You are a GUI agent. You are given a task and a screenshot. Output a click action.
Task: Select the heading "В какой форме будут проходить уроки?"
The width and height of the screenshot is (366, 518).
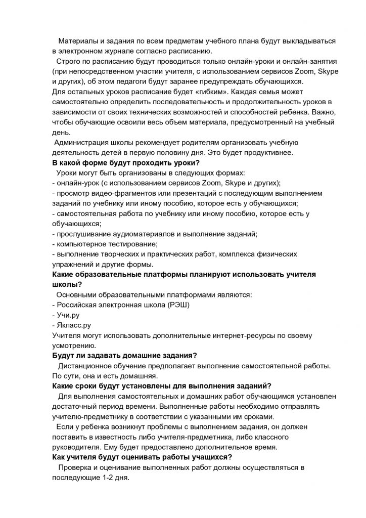click(126, 163)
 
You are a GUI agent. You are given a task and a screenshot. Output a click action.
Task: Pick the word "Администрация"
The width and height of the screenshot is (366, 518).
click(83, 142)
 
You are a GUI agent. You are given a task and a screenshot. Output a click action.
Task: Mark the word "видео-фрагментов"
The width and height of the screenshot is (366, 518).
click(119, 193)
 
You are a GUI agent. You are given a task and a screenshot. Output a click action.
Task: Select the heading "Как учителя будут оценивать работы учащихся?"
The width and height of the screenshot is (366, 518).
click(143, 457)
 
